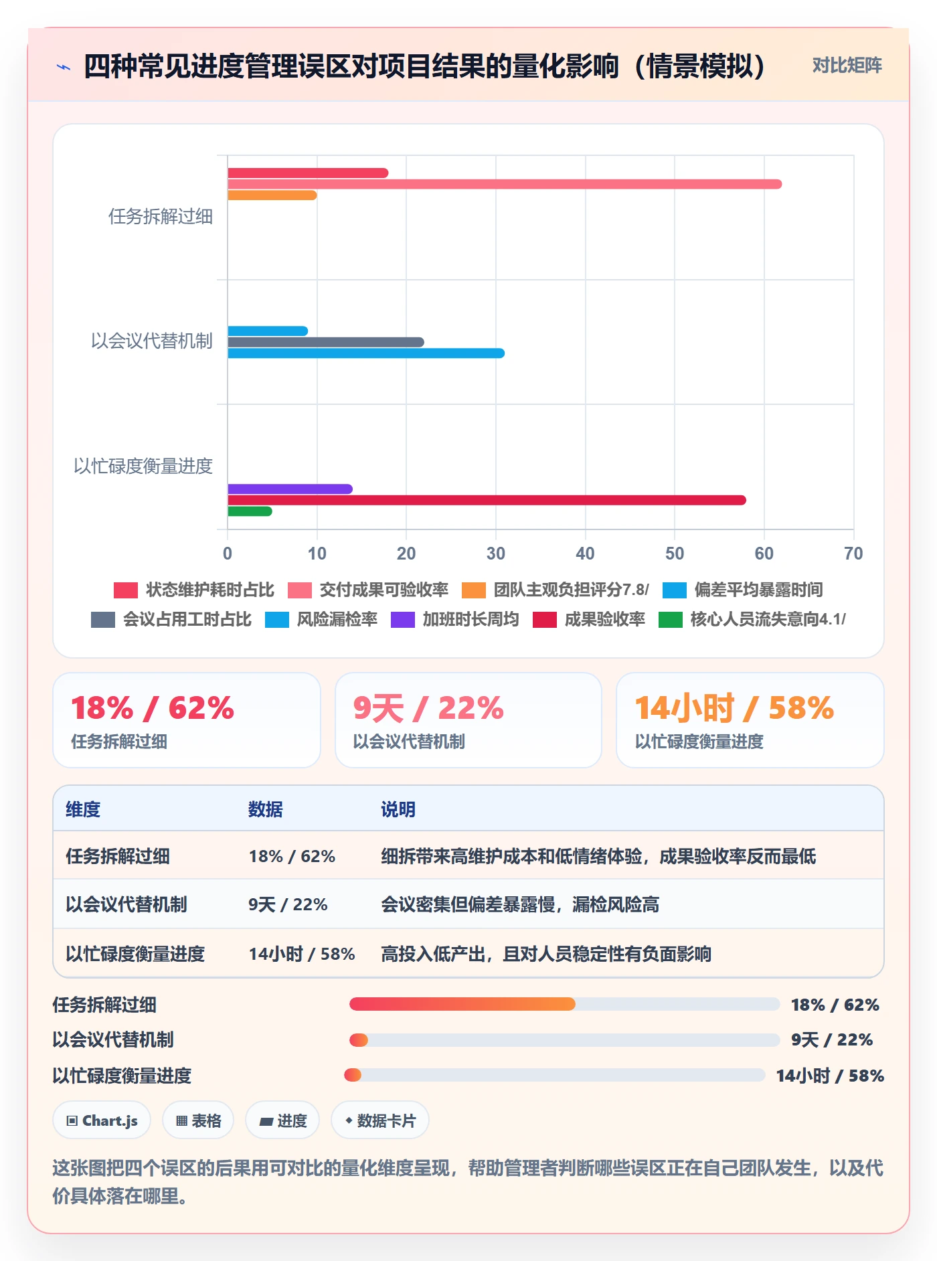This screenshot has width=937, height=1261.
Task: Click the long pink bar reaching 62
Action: [505, 184]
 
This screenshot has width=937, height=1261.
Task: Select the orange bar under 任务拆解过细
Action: [272, 195]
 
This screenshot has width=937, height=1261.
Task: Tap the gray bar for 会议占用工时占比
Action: [326, 342]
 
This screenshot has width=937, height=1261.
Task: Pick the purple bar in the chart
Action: [290, 489]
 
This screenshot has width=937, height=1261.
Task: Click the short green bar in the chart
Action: [250, 511]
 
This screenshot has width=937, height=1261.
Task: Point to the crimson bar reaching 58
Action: [487, 500]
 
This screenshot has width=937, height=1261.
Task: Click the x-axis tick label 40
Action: [585, 554]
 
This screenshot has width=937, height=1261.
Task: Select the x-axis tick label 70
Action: [853, 554]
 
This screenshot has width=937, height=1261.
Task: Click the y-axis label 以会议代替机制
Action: [152, 341]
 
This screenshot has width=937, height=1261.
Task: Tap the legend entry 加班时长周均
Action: [455, 619]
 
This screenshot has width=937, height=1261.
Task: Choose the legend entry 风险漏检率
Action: [321, 619]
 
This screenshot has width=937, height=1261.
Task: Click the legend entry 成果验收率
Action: [589, 619]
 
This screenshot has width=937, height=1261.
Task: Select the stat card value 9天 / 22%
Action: [428, 708]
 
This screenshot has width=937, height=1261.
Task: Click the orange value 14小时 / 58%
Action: [734, 708]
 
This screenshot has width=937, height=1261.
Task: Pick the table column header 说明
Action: [398, 809]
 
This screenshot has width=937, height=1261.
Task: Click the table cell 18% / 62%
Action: [292, 856]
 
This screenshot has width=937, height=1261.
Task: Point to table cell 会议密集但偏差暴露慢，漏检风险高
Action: [520, 905]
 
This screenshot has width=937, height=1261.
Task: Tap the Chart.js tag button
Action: [102, 1120]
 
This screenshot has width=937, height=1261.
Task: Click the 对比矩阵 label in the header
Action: [847, 65]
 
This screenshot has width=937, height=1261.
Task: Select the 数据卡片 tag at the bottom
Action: [380, 1120]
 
